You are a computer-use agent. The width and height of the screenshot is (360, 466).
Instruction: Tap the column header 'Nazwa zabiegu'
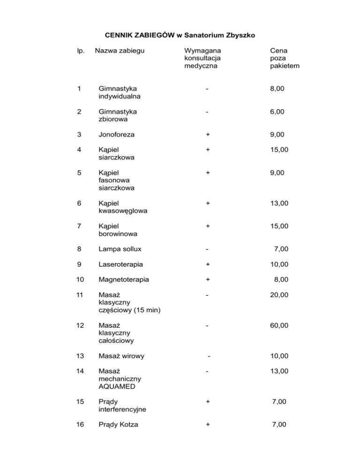click(120, 50)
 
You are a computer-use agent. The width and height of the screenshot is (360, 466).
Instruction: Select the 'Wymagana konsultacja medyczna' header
click(203, 58)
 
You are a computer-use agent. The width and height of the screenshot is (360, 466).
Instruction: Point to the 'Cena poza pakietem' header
click(285, 58)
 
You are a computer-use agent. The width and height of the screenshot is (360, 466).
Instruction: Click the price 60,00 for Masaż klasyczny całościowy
click(280, 324)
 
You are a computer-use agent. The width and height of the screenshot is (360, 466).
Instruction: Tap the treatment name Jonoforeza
click(116, 135)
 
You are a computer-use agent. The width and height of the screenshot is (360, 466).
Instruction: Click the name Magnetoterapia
click(124, 279)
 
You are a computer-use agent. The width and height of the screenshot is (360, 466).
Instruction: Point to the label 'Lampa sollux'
click(120, 249)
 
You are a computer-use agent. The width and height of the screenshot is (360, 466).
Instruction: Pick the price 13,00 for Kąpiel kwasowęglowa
click(280, 203)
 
